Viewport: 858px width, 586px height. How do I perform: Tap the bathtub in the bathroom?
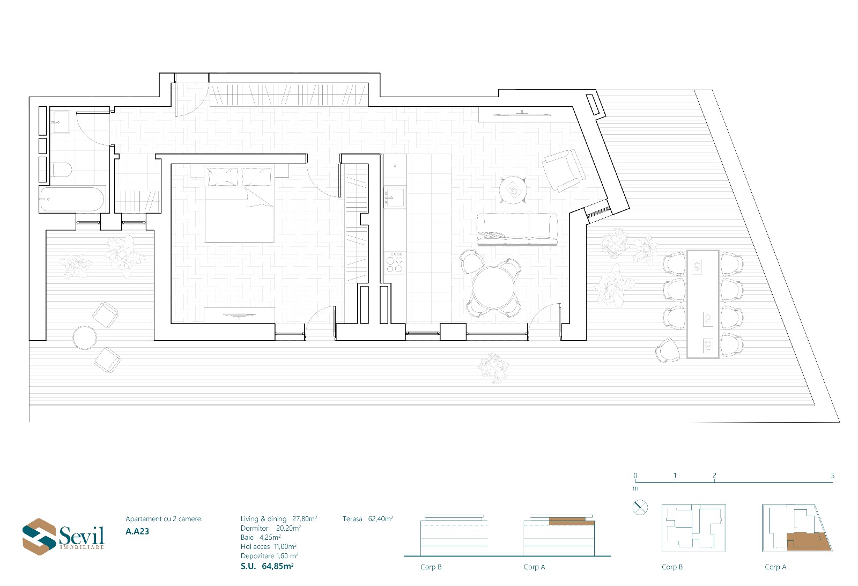[x=72, y=199]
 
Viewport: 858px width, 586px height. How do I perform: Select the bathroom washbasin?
[x=61, y=122]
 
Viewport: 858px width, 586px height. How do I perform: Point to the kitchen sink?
[x=395, y=198]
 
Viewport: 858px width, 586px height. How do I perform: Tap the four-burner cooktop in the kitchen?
[x=395, y=262]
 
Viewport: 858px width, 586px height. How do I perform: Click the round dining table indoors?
[x=494, y=288]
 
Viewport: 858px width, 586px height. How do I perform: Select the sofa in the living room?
[x=517, y=229]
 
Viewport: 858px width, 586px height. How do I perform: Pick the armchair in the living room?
[x=564, y=170]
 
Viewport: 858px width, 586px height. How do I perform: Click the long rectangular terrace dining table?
[x=703, y=304]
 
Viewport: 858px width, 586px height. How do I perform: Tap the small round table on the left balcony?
[x=85, y=338]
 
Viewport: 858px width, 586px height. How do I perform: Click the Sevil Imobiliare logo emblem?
[x=39, y=537]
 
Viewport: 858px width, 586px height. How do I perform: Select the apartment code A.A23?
[x=137, y=532]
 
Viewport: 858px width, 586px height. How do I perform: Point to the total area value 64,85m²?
[x=278, y=566]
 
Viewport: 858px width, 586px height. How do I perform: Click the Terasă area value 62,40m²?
[x=381, y=519]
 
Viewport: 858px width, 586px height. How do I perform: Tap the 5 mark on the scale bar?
[x=832, y=475]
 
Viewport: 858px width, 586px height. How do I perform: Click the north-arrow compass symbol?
[x=640, y=508]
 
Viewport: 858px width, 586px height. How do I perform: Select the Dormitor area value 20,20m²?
[x=289, y=528]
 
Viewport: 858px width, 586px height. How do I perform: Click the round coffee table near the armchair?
[x=513, y=190]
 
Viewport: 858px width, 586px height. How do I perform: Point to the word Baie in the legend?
[x=247, y=537]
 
